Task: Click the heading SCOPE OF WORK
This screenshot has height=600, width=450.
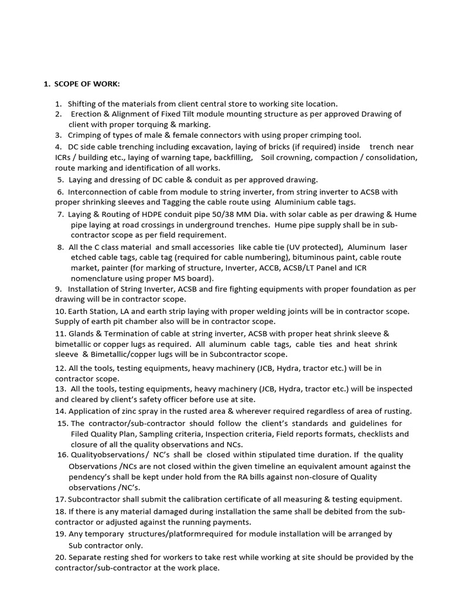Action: pyautogui.click(x=87, y=84)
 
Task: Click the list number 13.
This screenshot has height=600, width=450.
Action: pyautogui.click(x=60, y=388)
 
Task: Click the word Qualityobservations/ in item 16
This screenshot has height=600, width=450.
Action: pyautogui.click(x=108, y=455)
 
